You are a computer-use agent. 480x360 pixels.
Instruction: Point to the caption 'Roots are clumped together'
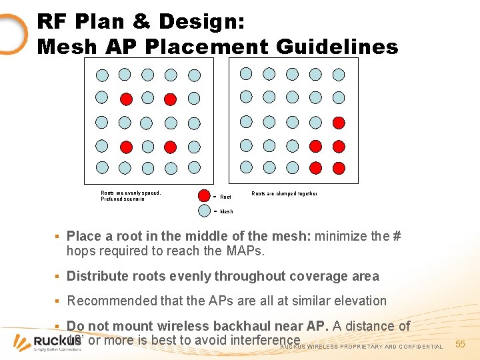284,193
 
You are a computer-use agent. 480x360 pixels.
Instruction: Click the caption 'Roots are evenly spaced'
130,193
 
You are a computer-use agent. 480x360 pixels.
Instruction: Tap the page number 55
460,344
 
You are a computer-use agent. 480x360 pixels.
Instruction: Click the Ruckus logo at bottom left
47,343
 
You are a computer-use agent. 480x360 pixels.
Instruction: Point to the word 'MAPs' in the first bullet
245,251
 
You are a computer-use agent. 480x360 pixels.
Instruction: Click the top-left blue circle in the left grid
102,75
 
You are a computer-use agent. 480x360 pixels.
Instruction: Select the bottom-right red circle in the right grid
339,167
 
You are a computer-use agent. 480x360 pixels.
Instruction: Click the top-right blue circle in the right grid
339,74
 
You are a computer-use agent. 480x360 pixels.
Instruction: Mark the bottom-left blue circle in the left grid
102,167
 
